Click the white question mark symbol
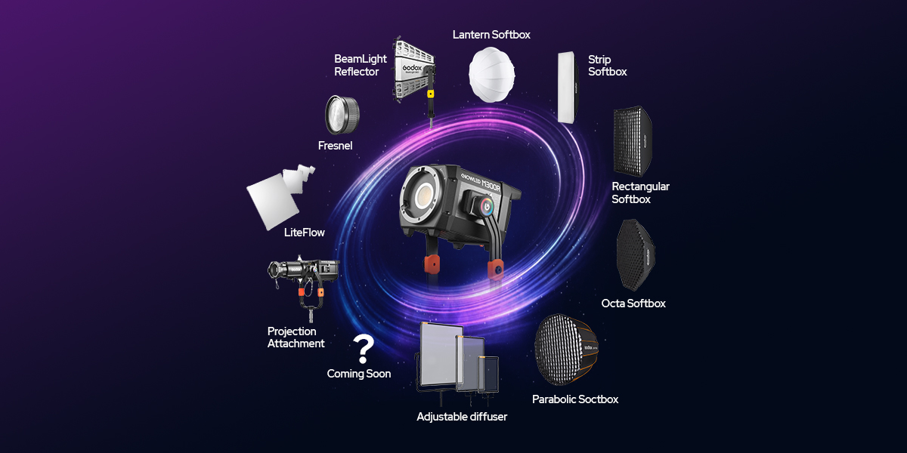pyautogui.click(x=364, y=349)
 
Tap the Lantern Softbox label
pyautogui.click(x=491, y=35)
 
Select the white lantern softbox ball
pyautogui.click(x=492, y=75)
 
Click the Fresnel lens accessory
pyautogui.click(x=342, y=115)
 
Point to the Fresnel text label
pyautogui.click(x=335, y=146)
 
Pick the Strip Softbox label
pyautogui.click(x=608, y=66)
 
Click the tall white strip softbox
pyautogui.click(x=568, y=87)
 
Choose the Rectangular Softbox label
pyautogui.click(x=640, y=193)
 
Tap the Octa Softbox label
pyautogui.click(x=633, y=304)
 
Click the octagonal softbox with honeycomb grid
pyautogui.click(x=636, y=255)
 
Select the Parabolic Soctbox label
pyautogui.click(x=575, y=399)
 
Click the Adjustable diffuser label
pyautogui.click(x=462, y=417)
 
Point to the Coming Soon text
pyautogui.click(x=359, y=373)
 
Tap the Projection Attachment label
pyautogui.click(x=296, y=337)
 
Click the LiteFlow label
pyautogui.click(x=304, y=233)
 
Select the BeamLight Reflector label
pyautogui.click(x=360, y=65)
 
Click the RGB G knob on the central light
pyautogui.click(x=486, y=207)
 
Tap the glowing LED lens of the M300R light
pyautogui.click(x=425, y=196)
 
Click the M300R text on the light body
pyautogui.click(x=491, y=185)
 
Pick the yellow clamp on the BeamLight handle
pyautogui.click(x=430, y=94)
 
